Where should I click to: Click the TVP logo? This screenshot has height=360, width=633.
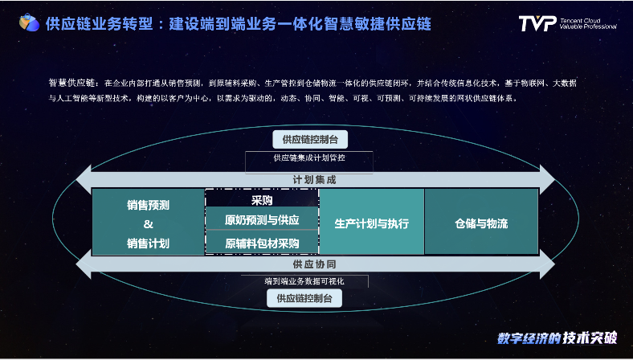(537, 23)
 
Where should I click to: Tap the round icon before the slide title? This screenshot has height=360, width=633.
(31, 22)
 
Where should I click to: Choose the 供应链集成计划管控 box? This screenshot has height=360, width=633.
(309, 158)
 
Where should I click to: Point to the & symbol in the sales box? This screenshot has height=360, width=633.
(148, 223)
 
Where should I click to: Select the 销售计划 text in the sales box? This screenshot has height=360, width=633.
(148, 243)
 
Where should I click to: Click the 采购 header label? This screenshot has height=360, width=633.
(262, 199)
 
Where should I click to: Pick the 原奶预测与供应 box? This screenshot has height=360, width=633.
(262, 219)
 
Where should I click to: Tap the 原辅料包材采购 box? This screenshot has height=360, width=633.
(262, 242)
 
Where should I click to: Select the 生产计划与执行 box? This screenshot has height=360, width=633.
(371, 223)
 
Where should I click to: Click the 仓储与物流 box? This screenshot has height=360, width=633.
(481, 223)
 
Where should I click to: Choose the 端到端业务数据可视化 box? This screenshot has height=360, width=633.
(305, 281)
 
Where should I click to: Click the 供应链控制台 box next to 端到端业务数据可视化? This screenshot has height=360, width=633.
(309, 299)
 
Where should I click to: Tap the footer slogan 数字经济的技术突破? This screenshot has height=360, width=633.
(557, 338)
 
